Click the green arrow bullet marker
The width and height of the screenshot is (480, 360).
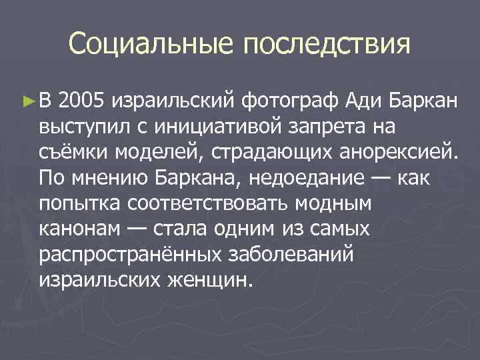pyautogui.click(x=27, y=101)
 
